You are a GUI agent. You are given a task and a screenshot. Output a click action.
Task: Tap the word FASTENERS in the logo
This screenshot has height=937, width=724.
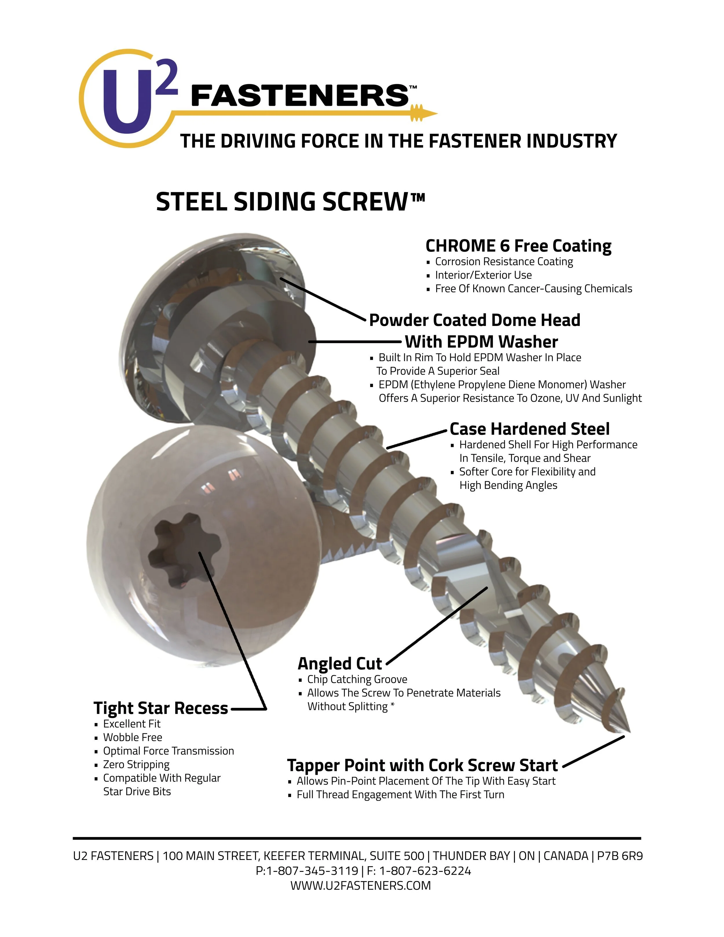pos(299,95)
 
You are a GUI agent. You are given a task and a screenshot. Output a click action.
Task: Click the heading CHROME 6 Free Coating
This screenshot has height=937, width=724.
pos(518,246)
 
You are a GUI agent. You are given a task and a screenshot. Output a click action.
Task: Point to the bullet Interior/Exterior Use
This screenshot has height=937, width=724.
pos(483,275)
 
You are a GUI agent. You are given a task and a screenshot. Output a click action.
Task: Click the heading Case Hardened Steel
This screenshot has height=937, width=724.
pos(529,429)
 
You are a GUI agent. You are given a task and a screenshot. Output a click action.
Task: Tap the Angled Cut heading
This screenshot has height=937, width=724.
pos(339,663)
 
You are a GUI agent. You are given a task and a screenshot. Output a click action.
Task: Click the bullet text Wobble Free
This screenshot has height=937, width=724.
pos(133,737)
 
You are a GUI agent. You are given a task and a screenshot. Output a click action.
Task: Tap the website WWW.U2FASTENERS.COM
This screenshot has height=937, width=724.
pos(360,885)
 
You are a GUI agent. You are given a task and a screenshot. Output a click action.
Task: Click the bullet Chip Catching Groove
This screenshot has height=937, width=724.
pos(357,679)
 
